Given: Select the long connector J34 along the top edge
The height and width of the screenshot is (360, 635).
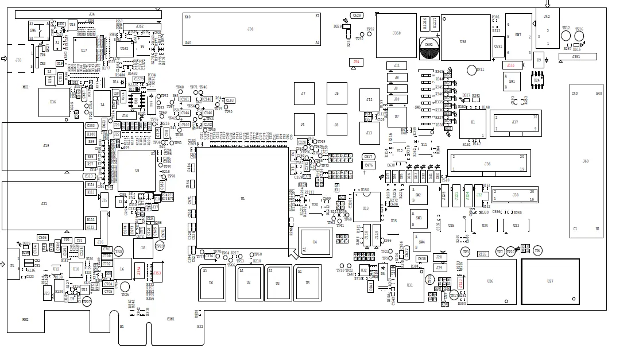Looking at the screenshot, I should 92,14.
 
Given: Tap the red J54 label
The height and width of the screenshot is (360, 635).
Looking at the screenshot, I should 356,61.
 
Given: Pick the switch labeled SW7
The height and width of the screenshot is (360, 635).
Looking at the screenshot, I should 518,36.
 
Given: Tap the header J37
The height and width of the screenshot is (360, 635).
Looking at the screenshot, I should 515,123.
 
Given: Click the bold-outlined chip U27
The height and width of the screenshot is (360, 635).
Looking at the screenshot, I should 550,281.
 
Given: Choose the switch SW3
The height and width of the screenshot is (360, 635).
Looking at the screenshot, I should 419,218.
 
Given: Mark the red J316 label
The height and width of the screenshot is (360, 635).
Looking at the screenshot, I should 511,65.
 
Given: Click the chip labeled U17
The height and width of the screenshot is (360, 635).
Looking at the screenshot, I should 84,51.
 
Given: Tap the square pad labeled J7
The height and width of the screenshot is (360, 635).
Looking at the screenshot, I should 303,94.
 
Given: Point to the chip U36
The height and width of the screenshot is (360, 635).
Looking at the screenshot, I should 53,102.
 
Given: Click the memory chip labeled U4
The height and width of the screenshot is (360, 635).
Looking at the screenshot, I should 315,242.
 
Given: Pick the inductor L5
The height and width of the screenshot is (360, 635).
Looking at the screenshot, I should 142,248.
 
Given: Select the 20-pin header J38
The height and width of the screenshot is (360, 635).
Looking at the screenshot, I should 515,195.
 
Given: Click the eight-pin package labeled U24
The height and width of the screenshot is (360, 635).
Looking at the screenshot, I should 537,80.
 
